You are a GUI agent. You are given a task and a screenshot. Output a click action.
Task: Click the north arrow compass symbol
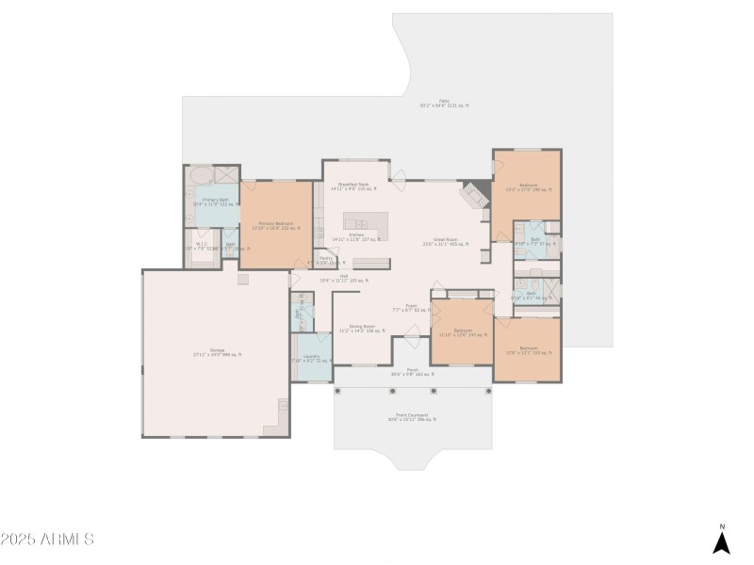coord(721,541)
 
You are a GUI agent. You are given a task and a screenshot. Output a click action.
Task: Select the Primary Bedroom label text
coord(275,225)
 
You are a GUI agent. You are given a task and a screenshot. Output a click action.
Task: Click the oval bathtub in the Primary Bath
coord(201,176)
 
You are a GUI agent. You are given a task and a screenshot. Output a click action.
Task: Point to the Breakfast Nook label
coord(353,186)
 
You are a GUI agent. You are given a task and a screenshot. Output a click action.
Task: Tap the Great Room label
coord(446,240)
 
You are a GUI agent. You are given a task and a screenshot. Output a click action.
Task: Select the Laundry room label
coord(311,358)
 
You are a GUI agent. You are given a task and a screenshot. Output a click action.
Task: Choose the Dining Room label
coord(362,329)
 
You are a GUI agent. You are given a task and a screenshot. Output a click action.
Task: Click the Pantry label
coord(326,260)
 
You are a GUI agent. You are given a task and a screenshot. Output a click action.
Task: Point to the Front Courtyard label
coord(412,416)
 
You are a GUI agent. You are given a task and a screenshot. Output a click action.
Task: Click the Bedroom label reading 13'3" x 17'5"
coord(529,186)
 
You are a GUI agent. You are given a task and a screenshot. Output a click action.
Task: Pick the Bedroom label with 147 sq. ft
coord(462,332)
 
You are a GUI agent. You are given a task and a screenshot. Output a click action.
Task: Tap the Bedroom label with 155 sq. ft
coord(529,351)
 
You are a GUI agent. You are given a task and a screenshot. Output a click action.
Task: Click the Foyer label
coord(411,307)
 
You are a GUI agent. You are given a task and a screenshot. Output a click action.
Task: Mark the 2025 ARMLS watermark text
coord(47,540)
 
